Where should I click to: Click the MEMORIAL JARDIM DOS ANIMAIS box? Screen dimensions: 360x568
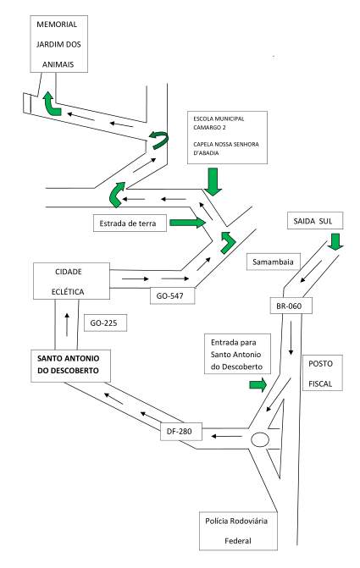pos(58,44)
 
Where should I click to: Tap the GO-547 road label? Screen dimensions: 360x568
pos(173,295)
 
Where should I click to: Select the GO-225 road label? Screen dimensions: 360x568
pos(106,323)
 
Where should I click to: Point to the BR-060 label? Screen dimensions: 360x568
pos(291,306)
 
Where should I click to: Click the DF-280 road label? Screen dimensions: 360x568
pos(181,431)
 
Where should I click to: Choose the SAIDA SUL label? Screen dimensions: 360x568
pos(315,221)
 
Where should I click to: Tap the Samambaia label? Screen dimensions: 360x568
pos(274,262)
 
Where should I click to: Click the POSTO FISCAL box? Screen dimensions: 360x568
pos(323,372)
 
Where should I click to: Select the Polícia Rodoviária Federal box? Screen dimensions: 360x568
pos(238,531)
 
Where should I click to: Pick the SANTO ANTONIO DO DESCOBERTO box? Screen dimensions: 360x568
pos(70,366)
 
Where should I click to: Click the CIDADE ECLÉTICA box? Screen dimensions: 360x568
pos(71,281)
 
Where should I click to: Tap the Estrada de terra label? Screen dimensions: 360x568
pos(130,223)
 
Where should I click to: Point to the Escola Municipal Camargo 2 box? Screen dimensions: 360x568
pos(227,137)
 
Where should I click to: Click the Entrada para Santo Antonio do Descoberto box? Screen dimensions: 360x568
pos(237,354)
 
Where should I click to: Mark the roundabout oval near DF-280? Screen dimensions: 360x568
pos(259,439)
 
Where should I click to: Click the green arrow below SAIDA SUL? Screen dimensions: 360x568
pos(335,241)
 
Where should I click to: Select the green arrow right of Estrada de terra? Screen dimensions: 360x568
pos(187,222)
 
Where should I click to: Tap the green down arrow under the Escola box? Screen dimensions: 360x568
pos(213,182)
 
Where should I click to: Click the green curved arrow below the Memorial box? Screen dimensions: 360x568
pos(51,105)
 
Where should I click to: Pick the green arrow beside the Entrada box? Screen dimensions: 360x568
pos(258,384)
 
